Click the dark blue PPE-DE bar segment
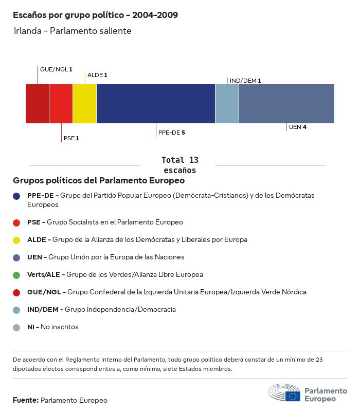(155, 104)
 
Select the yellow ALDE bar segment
(84, 104)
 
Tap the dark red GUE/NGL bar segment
(37, 104)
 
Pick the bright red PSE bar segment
(61, 104)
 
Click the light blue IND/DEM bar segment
(227, 104)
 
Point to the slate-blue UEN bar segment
(286, 104)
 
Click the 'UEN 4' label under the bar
(297, 127)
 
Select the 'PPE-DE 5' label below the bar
(171, 133)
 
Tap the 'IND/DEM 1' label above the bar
(245, 81)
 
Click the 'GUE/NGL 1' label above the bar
(56, 69)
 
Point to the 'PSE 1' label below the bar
(71, 138)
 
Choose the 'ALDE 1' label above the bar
(97, 75)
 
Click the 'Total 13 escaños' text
(179, 165)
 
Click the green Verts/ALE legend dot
(16, 275)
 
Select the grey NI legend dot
(16, 327)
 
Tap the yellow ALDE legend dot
(16, 240)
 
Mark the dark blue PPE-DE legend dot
(16, 196)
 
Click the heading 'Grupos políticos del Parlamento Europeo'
(99, 181)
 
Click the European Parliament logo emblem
(284, 393)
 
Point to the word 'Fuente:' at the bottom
(26, 400)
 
